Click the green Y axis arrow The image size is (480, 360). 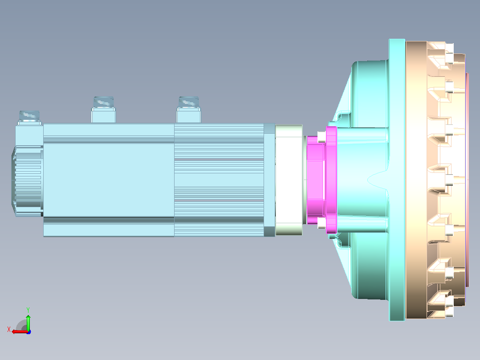tap(28, 322)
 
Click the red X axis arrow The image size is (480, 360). tap(20, 331)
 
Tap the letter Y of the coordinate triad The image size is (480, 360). tap(28, 310)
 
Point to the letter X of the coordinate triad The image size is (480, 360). tap(9, 329)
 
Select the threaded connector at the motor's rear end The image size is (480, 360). tap(29, 118)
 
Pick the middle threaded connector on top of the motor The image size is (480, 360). tap(103, 109)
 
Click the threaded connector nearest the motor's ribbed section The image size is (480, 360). tap(189, 109)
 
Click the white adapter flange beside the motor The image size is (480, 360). tap(289, 180)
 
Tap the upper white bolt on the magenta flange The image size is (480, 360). tap(321, 137)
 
